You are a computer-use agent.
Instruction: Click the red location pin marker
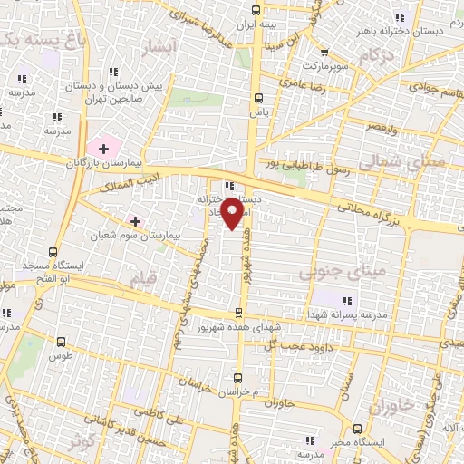(234, 212)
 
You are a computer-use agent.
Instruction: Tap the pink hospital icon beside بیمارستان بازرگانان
(103, 147)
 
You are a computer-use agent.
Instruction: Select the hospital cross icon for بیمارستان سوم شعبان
(136, 221)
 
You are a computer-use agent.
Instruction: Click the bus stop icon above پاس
(260, 97)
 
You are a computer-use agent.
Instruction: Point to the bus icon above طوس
(61, 343)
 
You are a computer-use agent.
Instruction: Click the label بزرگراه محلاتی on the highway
(374, 217)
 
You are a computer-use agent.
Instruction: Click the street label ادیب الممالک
(135, 184)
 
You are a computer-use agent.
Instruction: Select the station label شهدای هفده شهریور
(238, 325)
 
